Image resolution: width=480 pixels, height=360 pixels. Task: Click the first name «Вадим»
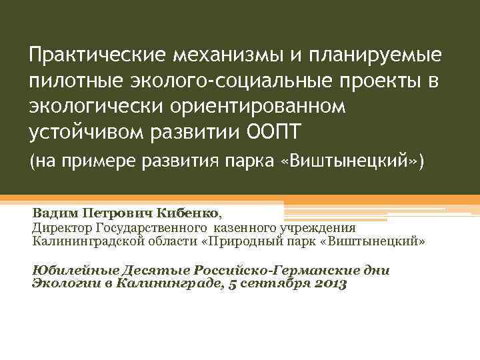[x=55, y=214]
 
